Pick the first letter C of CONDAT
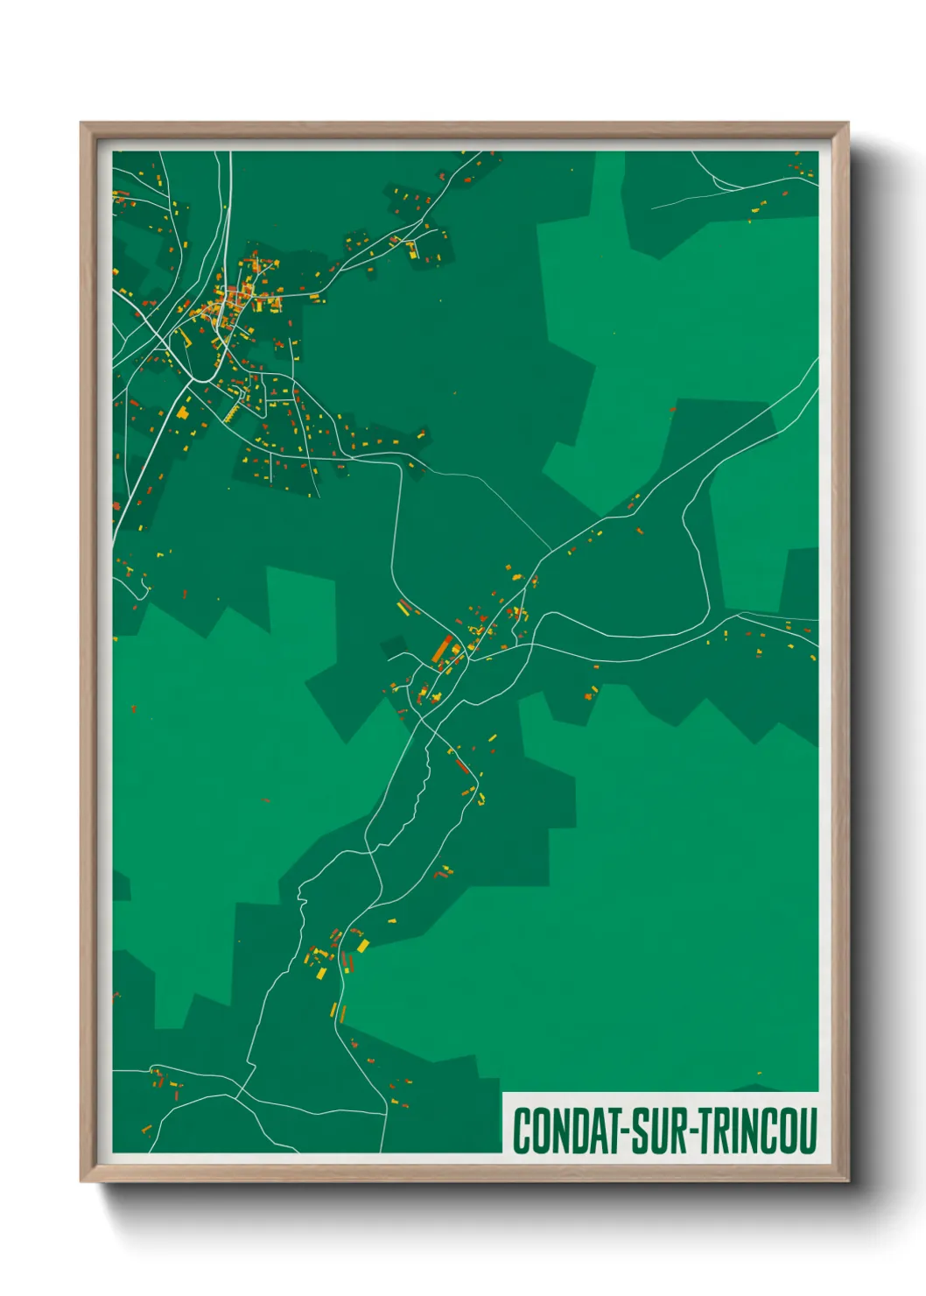523,1130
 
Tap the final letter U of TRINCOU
807,1130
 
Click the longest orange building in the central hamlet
443,649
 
